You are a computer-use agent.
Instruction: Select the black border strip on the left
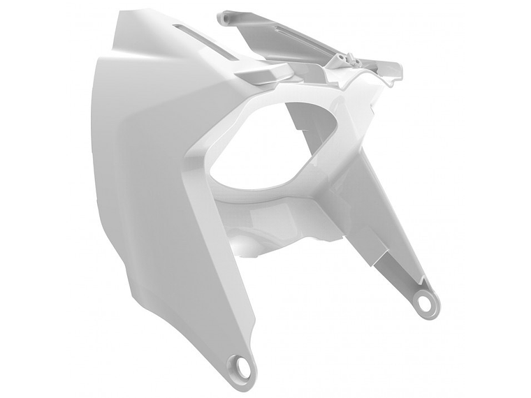click(33, 199)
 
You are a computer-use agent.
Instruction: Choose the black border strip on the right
click(497, 199)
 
